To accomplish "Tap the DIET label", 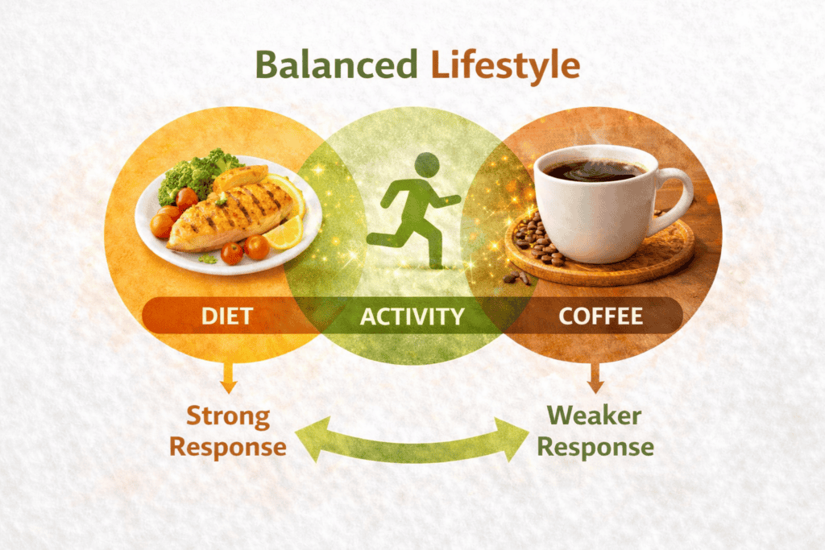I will coord(228,316).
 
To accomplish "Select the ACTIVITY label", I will coord(412,316).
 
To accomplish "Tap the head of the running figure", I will coord(428,164).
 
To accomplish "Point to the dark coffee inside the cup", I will coord(593,170).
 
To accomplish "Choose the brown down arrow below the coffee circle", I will coord(595,375).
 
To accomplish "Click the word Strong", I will coord(228,416).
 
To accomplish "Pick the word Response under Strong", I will coord(228,447).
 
